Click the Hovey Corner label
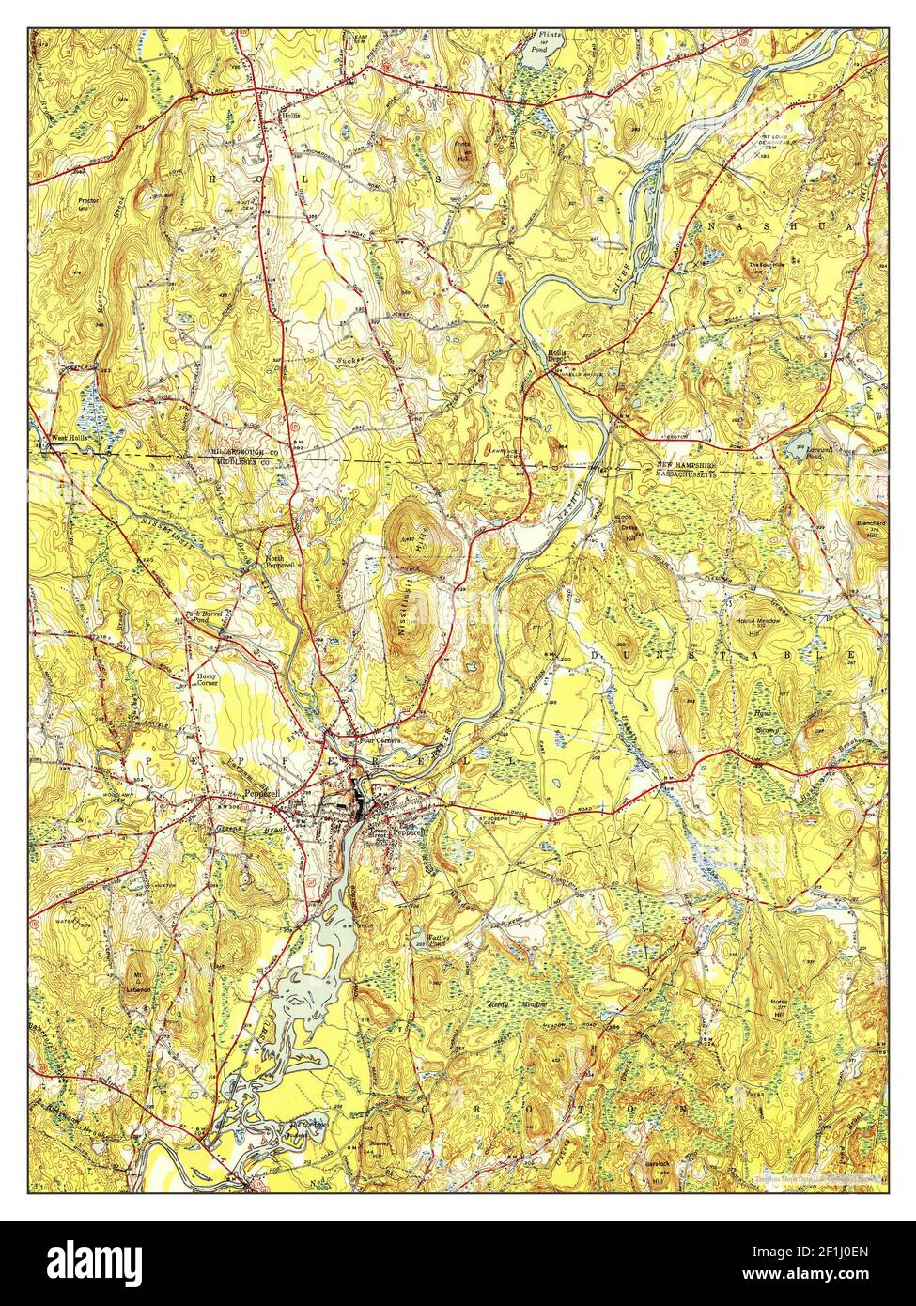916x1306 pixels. pos(207,679)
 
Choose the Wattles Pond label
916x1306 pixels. pos(428,941)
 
